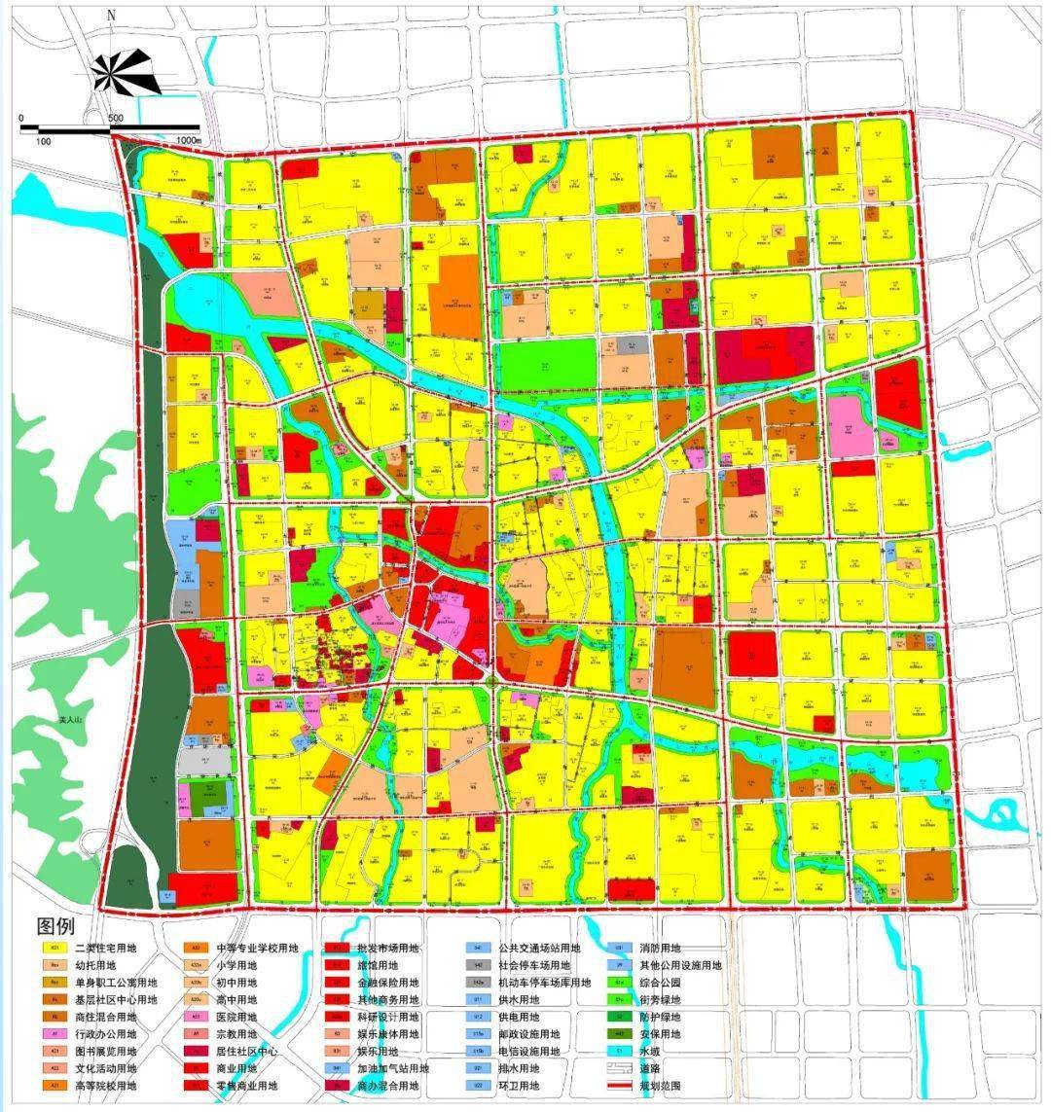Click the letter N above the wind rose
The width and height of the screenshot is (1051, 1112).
111,16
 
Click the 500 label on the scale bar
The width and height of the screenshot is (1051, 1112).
116,118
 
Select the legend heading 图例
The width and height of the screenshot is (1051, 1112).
54,925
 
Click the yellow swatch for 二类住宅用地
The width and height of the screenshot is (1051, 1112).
55,949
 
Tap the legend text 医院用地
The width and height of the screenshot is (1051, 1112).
238,1017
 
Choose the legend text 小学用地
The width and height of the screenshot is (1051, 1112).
238,965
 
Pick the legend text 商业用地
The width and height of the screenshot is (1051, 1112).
238,1068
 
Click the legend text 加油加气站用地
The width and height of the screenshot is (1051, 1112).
395,1068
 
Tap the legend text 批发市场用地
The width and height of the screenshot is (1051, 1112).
389,949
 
